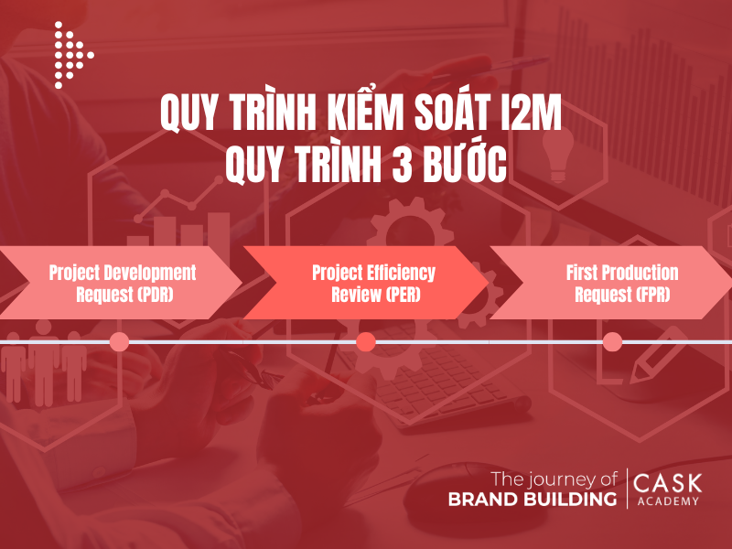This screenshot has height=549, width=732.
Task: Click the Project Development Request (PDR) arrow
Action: click(122, 283)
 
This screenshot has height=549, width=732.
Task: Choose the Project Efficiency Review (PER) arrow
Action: click(366, 283)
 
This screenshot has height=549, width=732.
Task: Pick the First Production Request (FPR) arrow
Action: click(611, 283)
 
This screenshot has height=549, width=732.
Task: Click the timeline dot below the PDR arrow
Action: click(119, 342)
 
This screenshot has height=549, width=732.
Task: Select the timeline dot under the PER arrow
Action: click(366, 342)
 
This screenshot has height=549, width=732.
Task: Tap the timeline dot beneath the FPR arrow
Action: click(613, 342)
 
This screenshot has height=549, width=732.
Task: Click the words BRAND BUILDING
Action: click(532, 500)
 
